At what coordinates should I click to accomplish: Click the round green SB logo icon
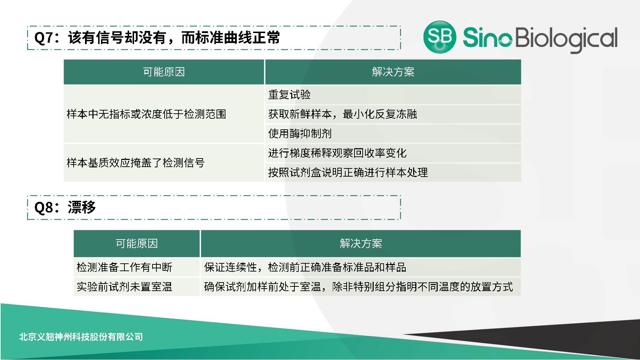440,37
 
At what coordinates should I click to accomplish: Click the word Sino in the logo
487,37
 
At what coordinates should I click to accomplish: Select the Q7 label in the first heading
44,38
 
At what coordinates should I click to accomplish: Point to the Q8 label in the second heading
44,208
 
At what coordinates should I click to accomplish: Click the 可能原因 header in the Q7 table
164,72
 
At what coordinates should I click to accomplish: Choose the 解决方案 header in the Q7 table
393,72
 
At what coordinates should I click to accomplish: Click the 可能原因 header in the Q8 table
137,244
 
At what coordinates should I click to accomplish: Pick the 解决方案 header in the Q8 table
361,244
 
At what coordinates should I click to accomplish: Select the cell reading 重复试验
289,95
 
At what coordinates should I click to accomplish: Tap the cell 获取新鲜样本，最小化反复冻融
342,114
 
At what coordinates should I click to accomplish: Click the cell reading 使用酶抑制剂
300,134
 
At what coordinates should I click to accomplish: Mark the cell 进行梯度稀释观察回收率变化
337,153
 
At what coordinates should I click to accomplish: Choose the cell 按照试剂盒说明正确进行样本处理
348,173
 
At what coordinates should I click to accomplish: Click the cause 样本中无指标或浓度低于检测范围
146,114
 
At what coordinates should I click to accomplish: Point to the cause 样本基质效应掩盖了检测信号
135,163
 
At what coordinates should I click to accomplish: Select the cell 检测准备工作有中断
124,267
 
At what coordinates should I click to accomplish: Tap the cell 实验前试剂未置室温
124,287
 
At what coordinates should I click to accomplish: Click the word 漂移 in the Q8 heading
82,208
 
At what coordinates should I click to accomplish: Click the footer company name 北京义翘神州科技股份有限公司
81,337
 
